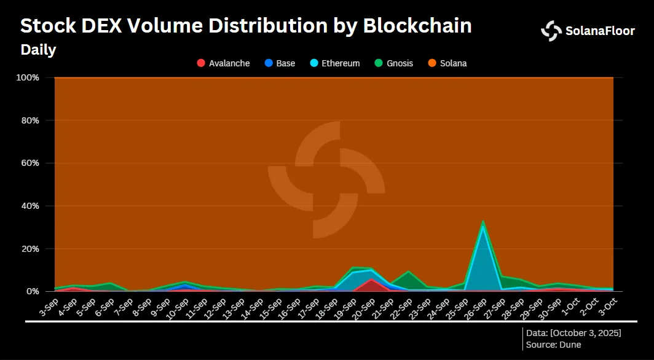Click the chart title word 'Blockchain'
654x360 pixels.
click(x=417, y=26)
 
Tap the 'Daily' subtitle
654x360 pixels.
click(x=38, y=50)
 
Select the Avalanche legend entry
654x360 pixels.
click(x=223, y=63)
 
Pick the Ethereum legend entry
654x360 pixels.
click(x=334, y=63)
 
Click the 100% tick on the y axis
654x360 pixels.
click(x=28, y=78)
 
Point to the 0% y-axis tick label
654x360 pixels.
click(x=32, y=291)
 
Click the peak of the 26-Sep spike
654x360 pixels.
click(x=483, y=222)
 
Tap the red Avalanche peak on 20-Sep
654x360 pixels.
click(x=371, y=280)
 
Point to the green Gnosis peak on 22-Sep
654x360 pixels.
click(x=408, y=272)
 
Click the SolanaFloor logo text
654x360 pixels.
click(x=600, y=31)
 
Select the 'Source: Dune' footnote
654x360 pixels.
click(x=553, y=345)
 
